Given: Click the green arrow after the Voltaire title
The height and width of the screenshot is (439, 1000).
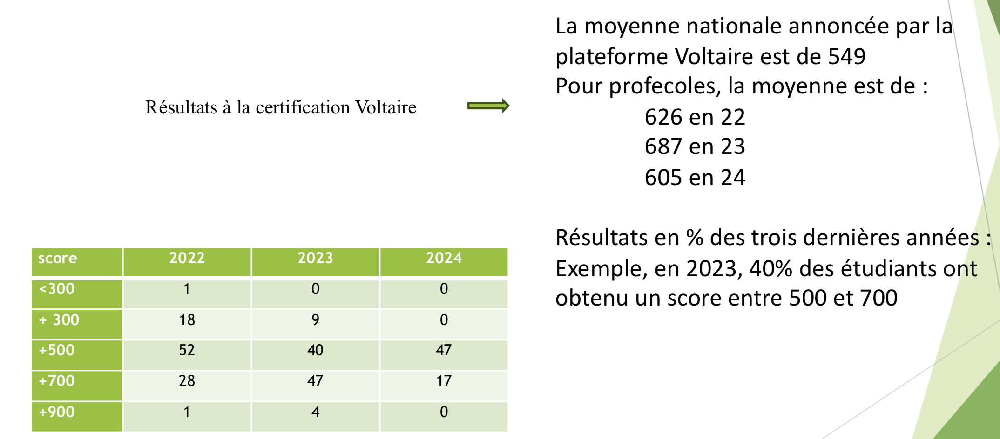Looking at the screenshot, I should (488, 106).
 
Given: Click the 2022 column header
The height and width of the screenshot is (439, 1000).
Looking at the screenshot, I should (187, 258).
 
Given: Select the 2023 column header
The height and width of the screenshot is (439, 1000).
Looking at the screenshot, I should (315, 258).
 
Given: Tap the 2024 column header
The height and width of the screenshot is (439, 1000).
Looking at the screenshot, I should (444, 258).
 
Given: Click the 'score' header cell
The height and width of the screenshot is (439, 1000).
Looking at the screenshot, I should (58, 258).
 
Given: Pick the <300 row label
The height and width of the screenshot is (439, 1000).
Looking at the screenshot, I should (57, 289).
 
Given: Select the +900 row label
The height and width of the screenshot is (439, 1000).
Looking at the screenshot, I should (57, 412).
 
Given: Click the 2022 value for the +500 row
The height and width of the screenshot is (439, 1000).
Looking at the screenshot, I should (187, 350).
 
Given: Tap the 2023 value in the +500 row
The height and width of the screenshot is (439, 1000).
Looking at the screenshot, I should (315, 350).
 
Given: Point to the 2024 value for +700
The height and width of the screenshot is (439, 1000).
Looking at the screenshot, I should (444, 381).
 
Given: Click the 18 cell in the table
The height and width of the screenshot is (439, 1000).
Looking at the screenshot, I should (187, 320).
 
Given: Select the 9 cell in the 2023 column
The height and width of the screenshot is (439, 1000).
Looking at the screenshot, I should (315, 320).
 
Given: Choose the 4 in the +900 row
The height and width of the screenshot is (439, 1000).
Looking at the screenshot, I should (315, 412).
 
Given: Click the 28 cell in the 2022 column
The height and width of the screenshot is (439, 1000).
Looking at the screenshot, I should (187, 381).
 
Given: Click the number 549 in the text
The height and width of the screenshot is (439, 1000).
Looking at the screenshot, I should (846, 57).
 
